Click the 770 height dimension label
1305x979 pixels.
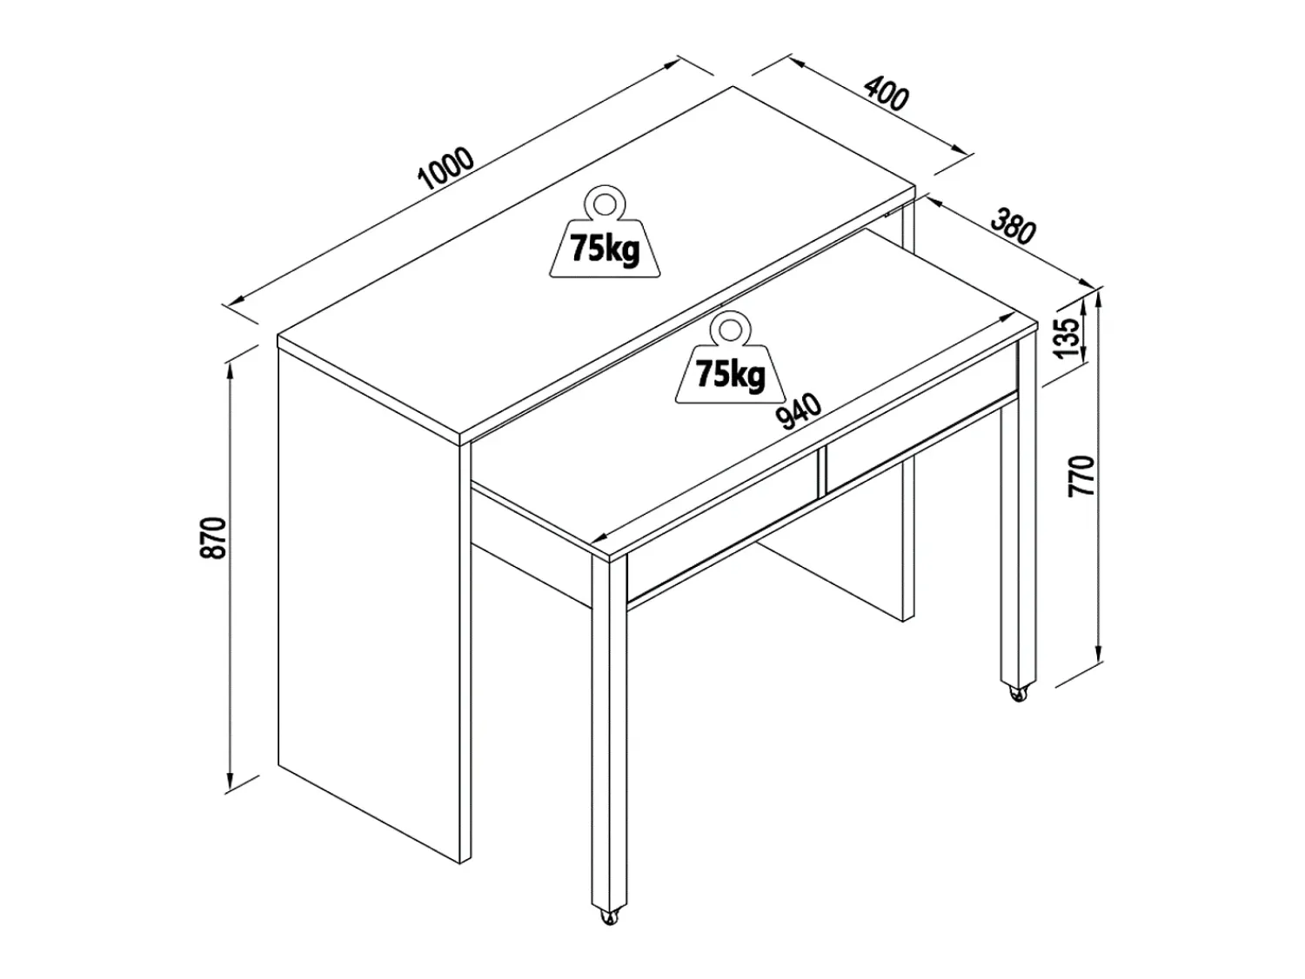(1081, 476)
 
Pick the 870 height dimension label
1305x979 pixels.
(214, 538)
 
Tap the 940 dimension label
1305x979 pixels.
(800, 411)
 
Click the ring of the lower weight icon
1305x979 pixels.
(731, 330)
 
